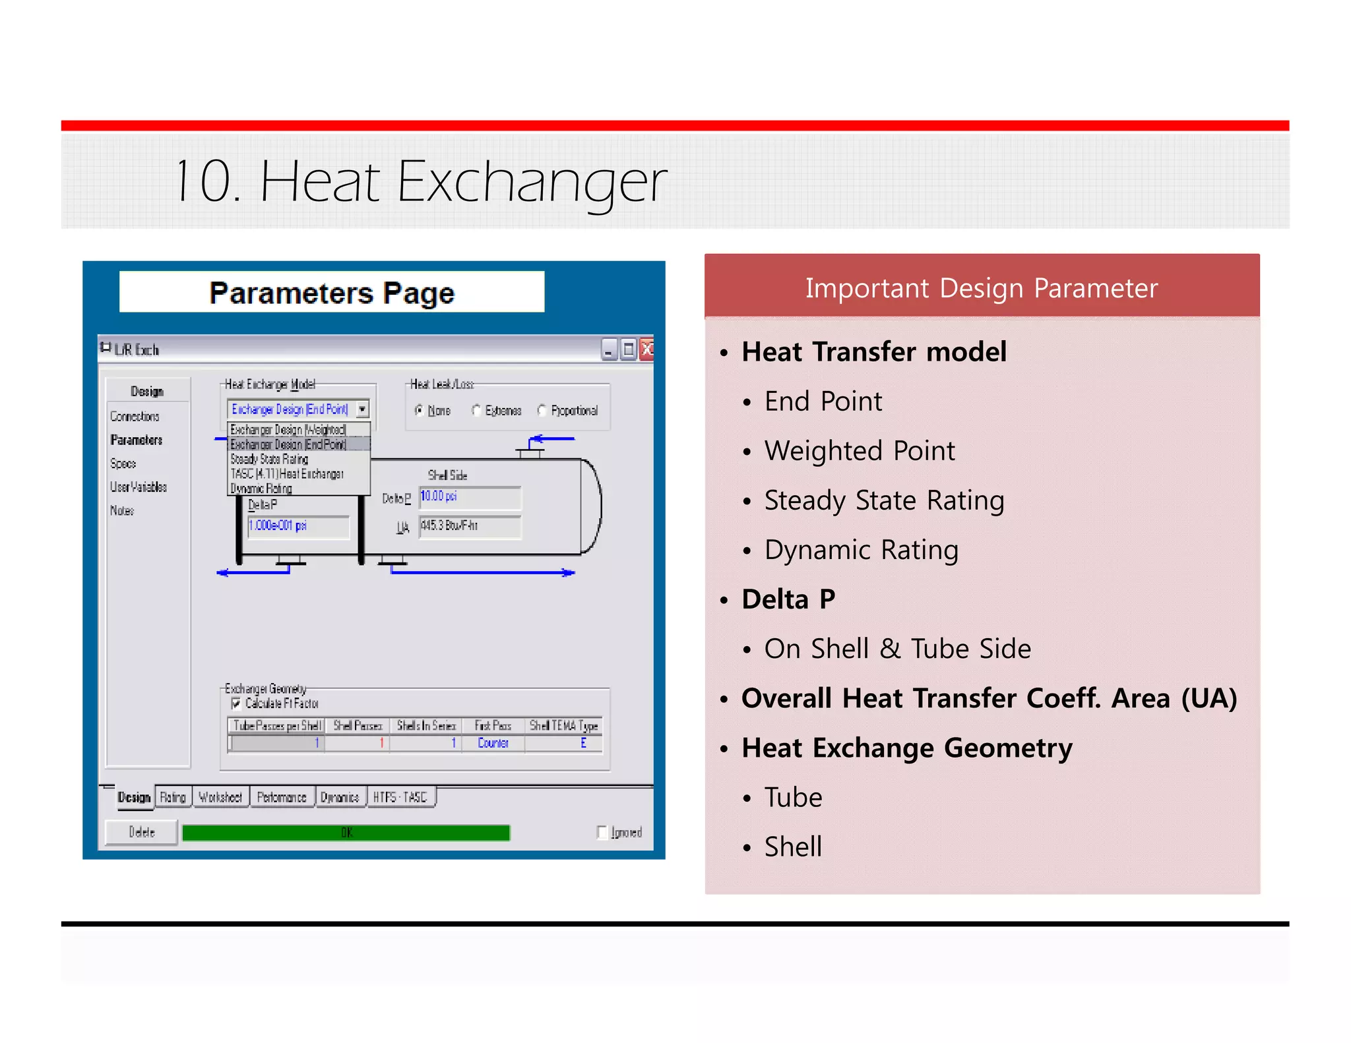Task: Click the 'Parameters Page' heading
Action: [x=332, y=293]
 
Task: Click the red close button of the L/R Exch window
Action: [x=647, y=349]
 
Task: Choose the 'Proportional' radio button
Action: [x=542, y=411]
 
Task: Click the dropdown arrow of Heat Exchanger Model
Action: [x=362, y=409]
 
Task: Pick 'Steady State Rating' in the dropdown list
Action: [x=269, y=459]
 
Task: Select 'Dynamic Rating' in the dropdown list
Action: [x=261, y=489]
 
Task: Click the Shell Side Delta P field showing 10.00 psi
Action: [x=469, y=496]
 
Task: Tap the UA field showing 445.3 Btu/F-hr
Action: [x=469, y=526]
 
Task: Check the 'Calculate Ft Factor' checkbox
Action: [x=236, y=703]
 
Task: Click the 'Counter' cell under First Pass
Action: [x=493, y=743]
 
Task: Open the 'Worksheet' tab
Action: [x=220, y=797]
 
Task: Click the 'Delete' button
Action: [x=142, y=832]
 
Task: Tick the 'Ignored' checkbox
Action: [x=602, y=832]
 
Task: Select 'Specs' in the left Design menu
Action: [x=123, y=463]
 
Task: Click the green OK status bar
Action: [x=346, y=833]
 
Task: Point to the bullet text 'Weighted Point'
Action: [x=859, y=451]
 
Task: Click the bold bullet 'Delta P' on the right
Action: [x=788, y=599]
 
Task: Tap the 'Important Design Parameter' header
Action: [x=981, y=288]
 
